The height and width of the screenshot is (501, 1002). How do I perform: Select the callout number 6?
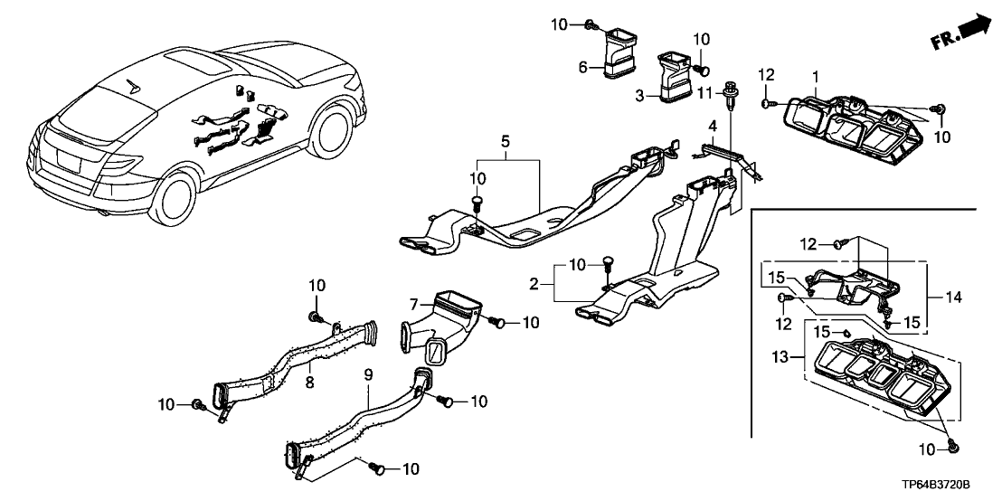pyautogui.click(x=582, y=66)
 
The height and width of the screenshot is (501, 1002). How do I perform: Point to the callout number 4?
pyautogui.click(x=713, y=125)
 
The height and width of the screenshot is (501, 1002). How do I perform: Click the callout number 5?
pyautogui.click(x=505, y=141)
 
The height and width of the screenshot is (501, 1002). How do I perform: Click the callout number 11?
pyautogui.click(x=712, y=91)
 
